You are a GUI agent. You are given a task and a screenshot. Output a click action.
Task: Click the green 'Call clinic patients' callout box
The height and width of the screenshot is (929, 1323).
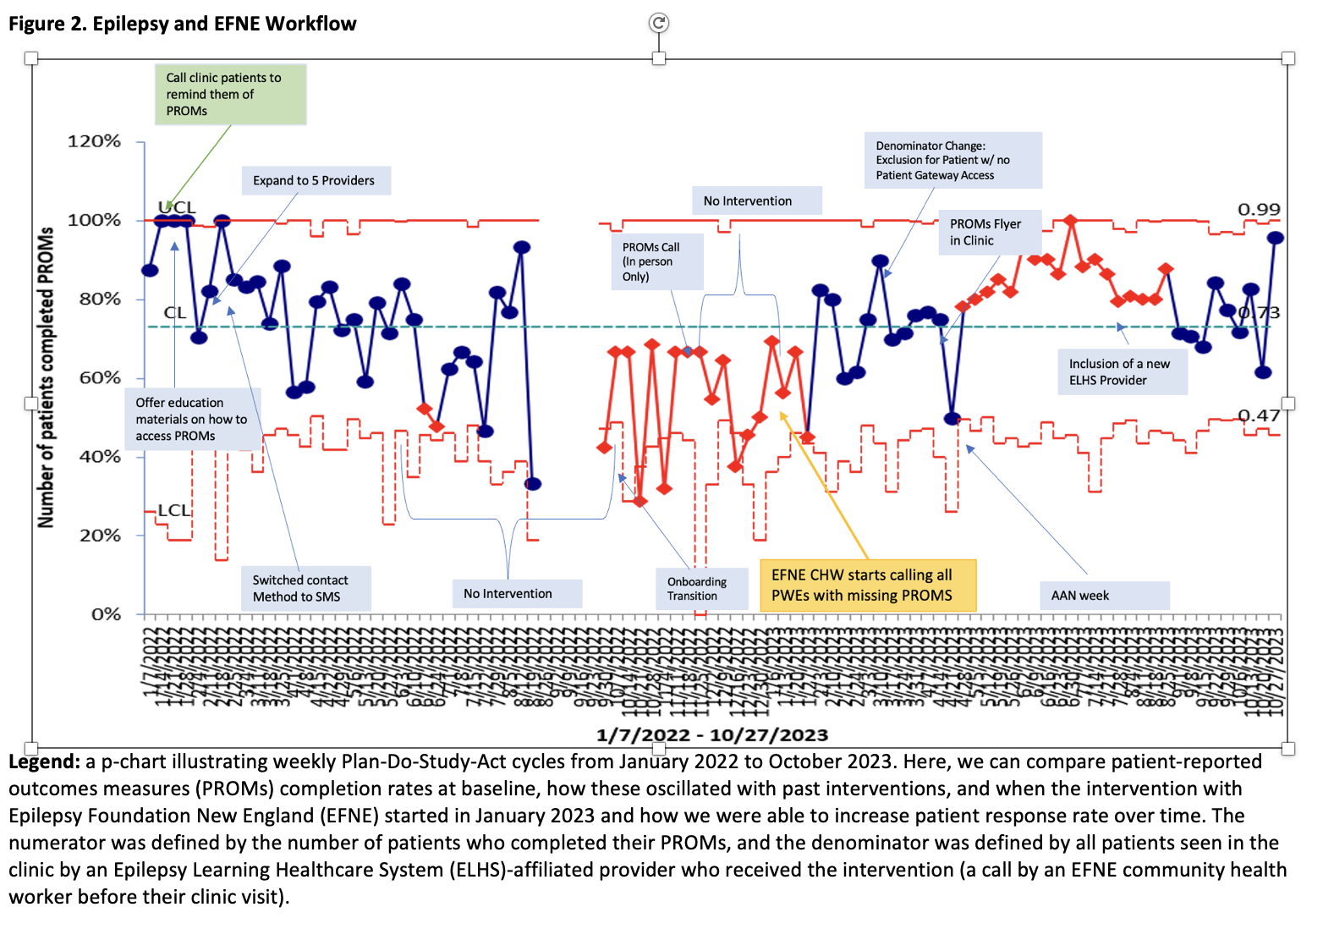pyautogui.click(x=230, y=94)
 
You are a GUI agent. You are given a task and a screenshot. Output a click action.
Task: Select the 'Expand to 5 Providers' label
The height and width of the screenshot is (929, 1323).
pyautogui.click(x=314, y=180)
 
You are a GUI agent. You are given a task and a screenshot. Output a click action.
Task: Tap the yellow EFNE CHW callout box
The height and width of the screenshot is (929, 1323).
pyautogui.click(x=867, y=585)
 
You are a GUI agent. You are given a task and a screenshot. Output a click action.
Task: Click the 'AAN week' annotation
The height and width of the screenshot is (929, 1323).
pyautogui.click(x=1103, y=595)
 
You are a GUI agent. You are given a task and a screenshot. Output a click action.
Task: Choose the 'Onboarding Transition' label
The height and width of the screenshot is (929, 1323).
pyautogui.click(x=701, y=588)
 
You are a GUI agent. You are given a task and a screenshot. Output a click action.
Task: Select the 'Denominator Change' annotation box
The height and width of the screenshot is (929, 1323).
pyautogui.click(x=952, y=160)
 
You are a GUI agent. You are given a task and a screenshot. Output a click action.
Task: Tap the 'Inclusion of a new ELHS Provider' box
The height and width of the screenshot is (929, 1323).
pyautogui.click(x=1122, y=371)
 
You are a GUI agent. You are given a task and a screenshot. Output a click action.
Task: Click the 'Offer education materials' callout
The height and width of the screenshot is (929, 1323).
pyautogui.click(x=194, y=419)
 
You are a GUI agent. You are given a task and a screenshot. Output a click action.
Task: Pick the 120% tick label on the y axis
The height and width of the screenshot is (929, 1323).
pyautogui.click(x=95, y=141)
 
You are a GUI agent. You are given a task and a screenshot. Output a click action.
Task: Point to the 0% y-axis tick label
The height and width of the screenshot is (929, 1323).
pyautogui.click(x=105, y=614)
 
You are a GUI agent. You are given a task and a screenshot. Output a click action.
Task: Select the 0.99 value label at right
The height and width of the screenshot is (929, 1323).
pyautogui.click(x=1259, y=210)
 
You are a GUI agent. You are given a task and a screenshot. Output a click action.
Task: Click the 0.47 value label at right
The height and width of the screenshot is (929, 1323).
pyautogui.click(x=1259, y=415)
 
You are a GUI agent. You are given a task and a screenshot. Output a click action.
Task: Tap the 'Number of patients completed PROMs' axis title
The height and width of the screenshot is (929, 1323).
pyautogui.click(x=46, y=377)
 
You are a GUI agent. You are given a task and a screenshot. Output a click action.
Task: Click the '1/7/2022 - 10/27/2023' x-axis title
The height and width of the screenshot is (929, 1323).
pyautogui.click(x=711, y=734)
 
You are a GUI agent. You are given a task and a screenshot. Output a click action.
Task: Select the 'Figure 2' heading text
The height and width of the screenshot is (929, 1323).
pyautogui.click(x=182, y=24)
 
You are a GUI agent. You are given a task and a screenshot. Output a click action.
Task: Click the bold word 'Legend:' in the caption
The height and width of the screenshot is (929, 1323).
pyautogui.click(x=45, y=761)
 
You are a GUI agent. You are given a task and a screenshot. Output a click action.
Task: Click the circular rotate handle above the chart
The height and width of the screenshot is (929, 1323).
pyautogui.click(x=659, y=23)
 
